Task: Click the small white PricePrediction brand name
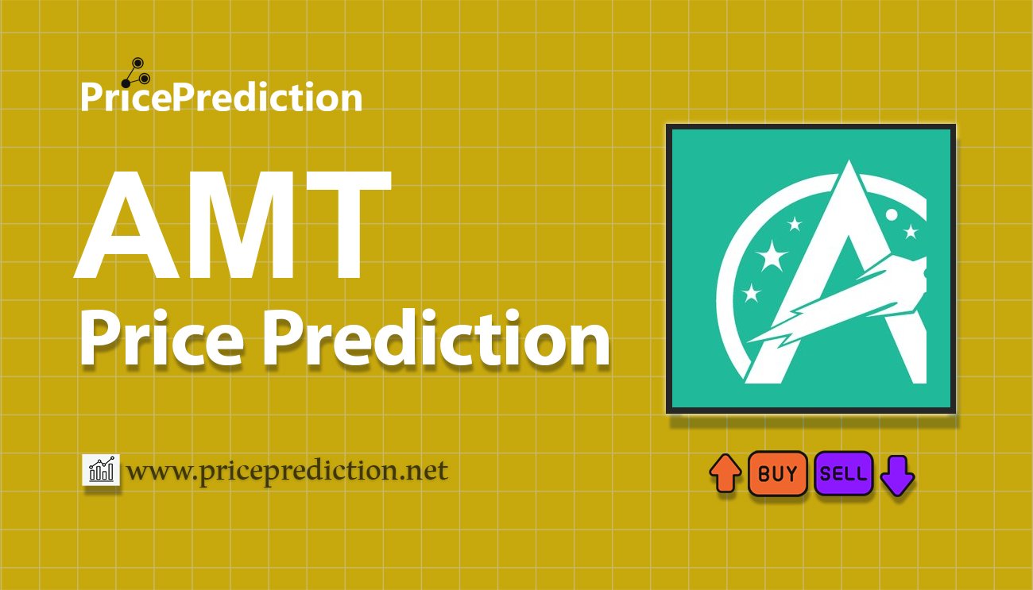(222, 98)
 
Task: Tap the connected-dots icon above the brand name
(136, 73)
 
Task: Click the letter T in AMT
(349, 225)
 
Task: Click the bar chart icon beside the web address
(101, 470)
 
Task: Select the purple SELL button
(843, 473)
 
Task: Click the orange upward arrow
(725, 473)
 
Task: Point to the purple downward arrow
(897, 476)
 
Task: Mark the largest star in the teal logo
(772, 255)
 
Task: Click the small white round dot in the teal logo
(892, 214)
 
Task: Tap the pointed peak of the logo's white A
(849, 161)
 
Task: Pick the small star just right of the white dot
(911, 231)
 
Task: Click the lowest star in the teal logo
(751, 293)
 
